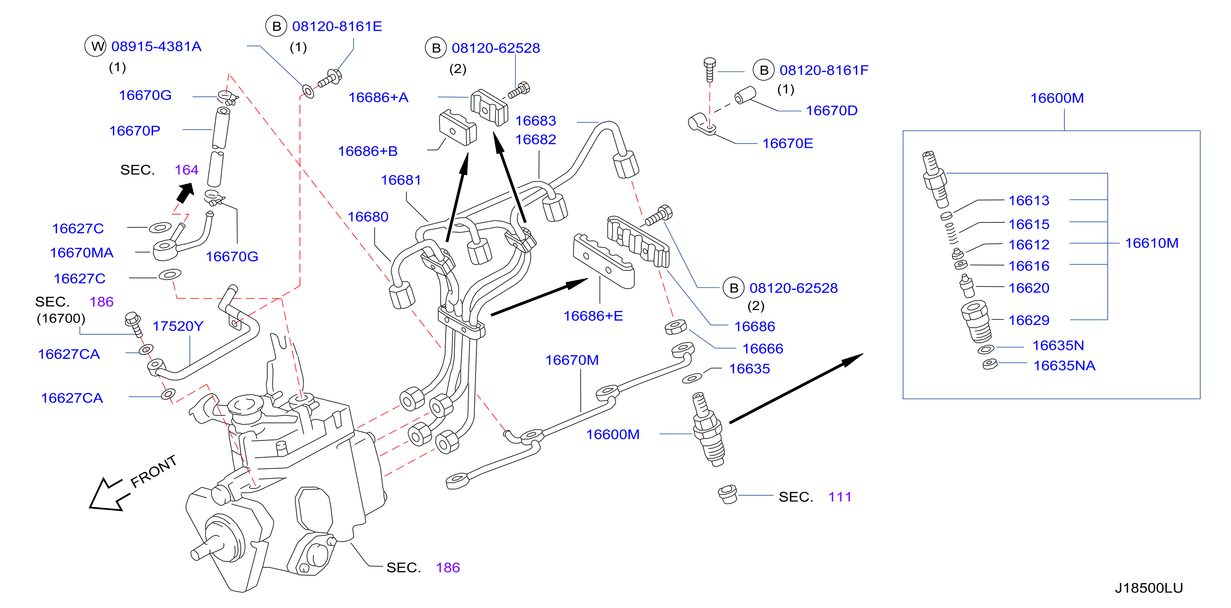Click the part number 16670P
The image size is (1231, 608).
135,131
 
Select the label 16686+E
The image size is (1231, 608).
593,316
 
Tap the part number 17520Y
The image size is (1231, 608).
178,326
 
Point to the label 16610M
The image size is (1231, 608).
1152,243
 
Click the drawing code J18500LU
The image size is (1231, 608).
1149,588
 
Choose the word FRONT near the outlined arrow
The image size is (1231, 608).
153,471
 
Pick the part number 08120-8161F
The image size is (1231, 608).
824,70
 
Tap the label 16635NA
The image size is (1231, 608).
1064,365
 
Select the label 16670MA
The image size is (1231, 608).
82,252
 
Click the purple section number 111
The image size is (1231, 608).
840,497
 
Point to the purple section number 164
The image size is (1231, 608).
186,170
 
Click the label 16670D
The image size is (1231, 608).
832,111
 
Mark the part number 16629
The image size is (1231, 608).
1029,320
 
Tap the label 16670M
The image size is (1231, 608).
572,360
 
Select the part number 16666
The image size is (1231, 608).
763,348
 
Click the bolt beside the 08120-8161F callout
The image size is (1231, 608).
710,70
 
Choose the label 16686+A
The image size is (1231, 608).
379,98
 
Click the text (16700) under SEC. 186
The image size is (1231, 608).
61,319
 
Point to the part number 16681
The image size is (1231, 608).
401,180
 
